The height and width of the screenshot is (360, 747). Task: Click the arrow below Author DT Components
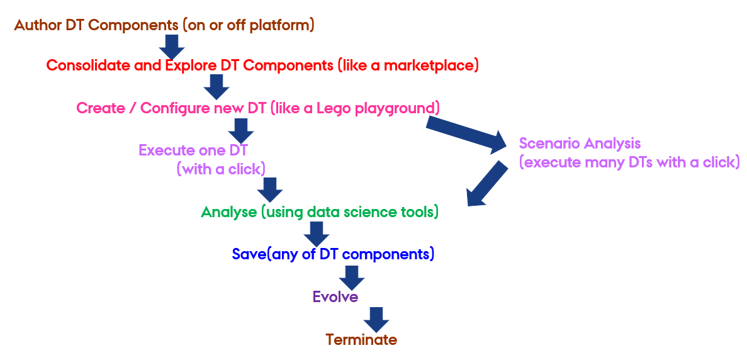tap(171, 46)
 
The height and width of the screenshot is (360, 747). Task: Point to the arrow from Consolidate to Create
tap(216, 86)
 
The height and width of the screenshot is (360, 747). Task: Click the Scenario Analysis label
tap(580, 143)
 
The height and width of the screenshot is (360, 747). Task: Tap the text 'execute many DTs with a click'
tap(629, 162)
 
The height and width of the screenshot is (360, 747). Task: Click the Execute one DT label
tap(193, 150)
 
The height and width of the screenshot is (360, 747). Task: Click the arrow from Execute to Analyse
tap(269, 189)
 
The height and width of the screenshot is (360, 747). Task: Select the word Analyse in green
tap(228, 212)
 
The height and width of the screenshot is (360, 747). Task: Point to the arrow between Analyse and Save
tap(316, 233)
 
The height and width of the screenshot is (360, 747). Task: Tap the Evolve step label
tap(335, 297)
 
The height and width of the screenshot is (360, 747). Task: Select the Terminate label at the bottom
tap(361, 340)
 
